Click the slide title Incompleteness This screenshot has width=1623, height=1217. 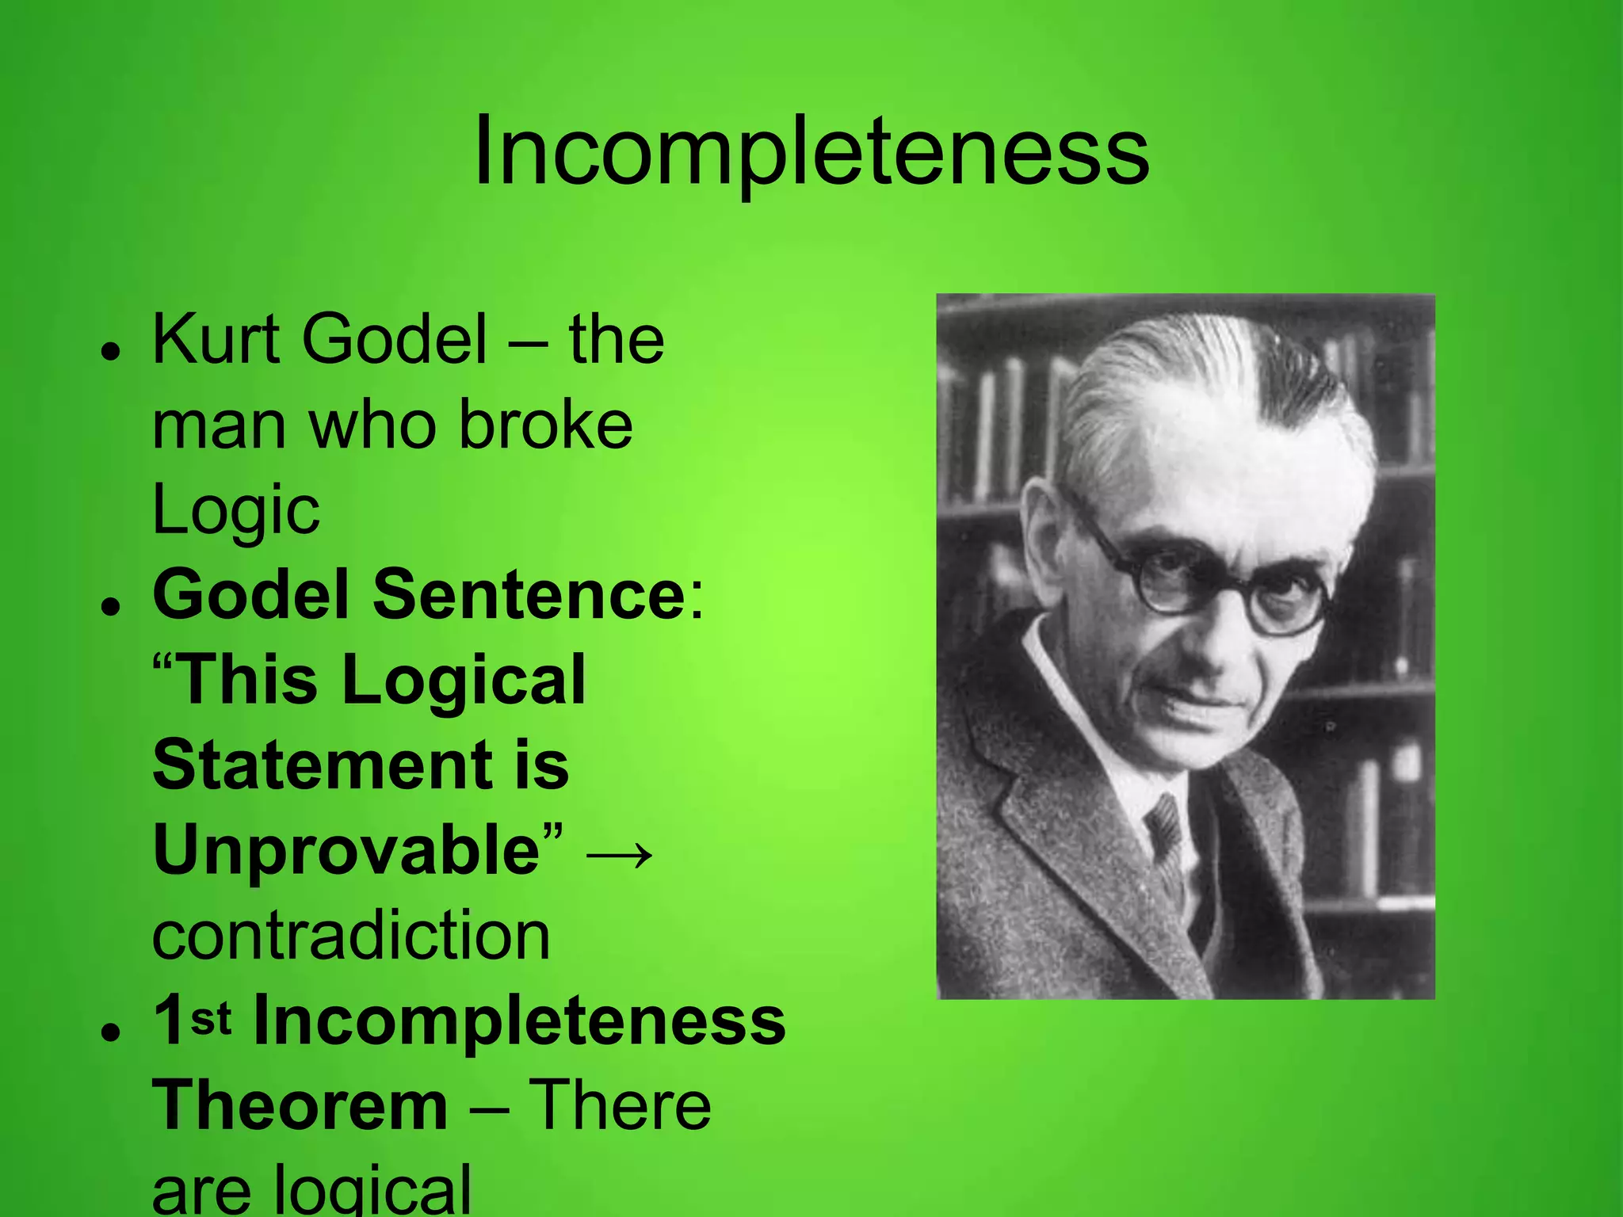pyautogui.click(x=811, y=151)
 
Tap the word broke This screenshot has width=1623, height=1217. pyautogui.click(x=546, y=425)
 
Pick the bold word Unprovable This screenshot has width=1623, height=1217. pyautogui.click(x=346, y=850)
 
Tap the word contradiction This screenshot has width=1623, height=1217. pyautogui.click(x=351, y=936)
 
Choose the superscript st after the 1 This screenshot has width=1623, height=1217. pyautogui.click(x=210, y=1018)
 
